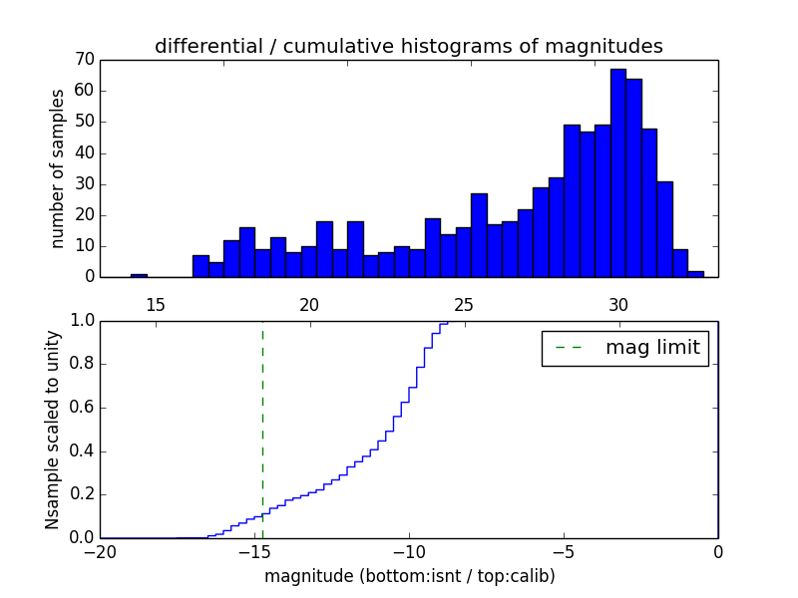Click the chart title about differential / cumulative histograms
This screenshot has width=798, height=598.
pos(408,46)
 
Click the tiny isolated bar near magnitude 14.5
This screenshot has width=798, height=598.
pos(139,274)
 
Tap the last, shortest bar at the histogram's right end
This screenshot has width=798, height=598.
pos(695,273)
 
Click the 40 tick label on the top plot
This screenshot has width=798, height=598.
pos(83,152)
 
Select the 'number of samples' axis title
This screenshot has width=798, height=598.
pos(58,168)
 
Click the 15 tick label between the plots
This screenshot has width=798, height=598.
pos(155,304)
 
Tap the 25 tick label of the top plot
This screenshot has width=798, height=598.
pos(464,304)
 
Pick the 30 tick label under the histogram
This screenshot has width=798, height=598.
pos(618,304)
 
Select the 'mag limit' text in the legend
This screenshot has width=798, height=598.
pos(652,348)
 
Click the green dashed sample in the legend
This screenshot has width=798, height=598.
pos(569,348)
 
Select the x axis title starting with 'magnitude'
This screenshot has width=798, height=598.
pos(409,576)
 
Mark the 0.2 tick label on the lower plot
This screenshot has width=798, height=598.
pos(83,494)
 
